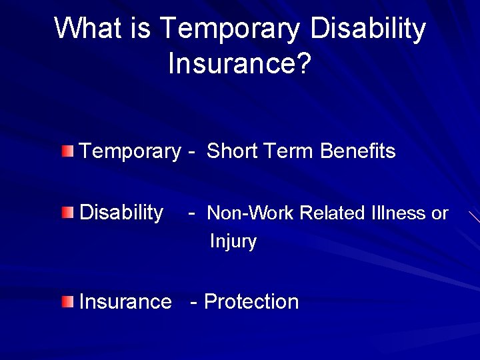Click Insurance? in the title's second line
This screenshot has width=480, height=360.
point(239,65)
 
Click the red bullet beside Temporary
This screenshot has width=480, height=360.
point(67,151)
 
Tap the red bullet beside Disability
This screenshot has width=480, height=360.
point(67,213)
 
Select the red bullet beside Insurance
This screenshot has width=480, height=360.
point(67,301)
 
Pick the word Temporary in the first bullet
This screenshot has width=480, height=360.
point(129,152)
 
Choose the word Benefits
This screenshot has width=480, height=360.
point(358,151)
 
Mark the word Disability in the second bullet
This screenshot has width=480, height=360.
point(121,213)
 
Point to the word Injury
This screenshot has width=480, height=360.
point(233,241)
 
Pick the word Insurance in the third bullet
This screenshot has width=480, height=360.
point(125,302)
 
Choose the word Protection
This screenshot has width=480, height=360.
point(251,302)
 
